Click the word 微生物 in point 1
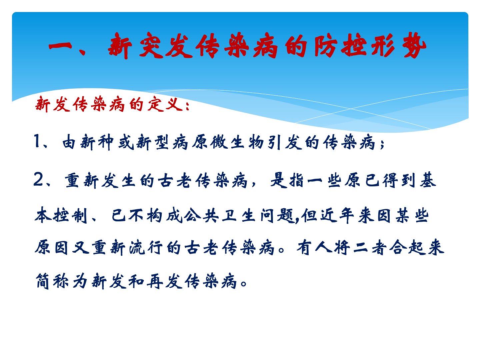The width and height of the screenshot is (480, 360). click(x=237, y=142)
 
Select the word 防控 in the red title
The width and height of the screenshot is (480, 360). click(x=340, y=46)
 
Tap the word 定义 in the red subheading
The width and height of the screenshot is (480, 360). click(x=165, y=104)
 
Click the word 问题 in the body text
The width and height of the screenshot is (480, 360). click(x=278, y=216)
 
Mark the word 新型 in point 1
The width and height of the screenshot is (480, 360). click(x=152, y=142)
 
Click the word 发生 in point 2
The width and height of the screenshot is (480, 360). click(x=118, y=180)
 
